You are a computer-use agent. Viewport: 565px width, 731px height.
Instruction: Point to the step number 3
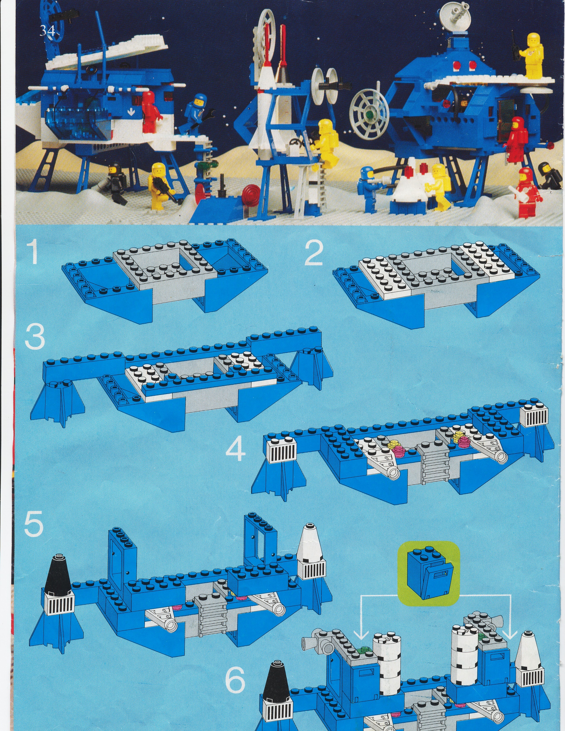[35, 338]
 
